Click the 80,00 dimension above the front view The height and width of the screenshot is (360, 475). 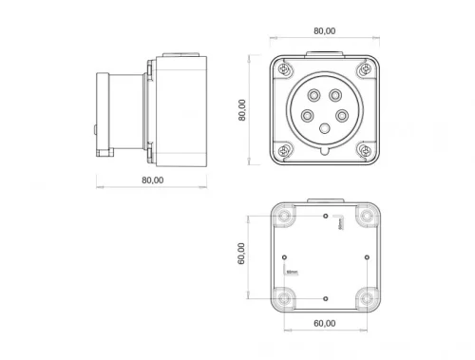(323, 30)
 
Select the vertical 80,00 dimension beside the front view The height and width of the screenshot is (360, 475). (243, 110)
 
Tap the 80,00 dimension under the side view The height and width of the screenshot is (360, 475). (151, 178)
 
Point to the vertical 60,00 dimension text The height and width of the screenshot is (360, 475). (243, 254)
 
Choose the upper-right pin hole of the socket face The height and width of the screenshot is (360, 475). (340, 95)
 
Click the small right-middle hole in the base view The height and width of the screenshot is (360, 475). (367, 257)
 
